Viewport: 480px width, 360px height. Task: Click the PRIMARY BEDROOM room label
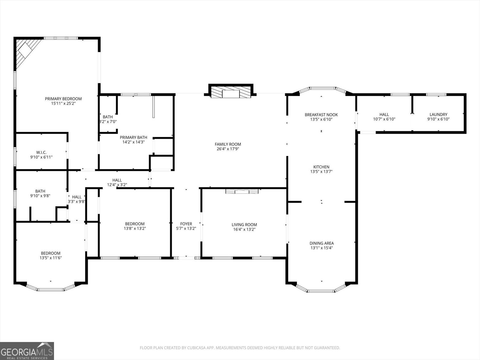point(63,99)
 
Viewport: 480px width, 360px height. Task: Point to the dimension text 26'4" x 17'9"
point(228,149)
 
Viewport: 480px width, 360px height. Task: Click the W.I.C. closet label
point(41,152)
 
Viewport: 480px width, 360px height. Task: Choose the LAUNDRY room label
point(438,114)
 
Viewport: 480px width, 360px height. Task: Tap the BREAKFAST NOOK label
point(321,115)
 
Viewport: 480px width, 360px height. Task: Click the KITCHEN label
point(321,167)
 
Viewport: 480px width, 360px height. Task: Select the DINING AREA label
point(321,243)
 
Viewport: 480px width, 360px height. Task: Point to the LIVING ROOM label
point(244,224)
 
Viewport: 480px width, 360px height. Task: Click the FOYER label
point(186,224)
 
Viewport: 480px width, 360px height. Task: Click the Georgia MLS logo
point(27,351)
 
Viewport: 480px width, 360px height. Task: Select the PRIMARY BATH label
point(133,137)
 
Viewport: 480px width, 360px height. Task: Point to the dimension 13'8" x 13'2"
point(135,229)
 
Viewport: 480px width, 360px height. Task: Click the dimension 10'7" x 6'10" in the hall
point(384,119)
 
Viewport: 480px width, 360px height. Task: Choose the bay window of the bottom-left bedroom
point(50,289)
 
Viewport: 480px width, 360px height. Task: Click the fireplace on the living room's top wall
point(242,191)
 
